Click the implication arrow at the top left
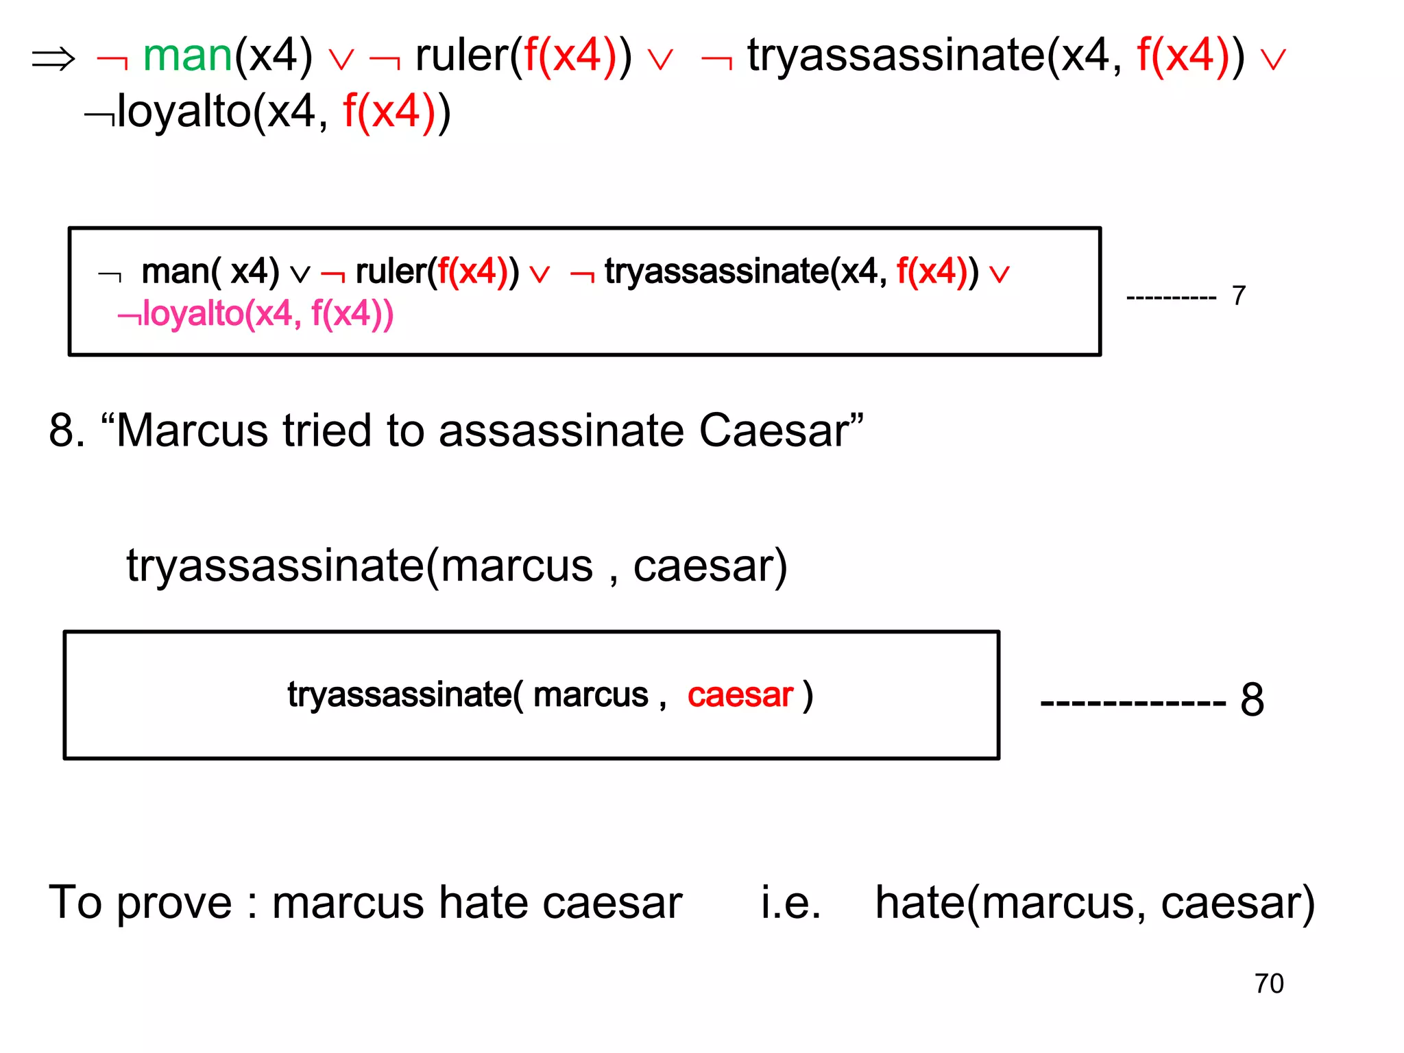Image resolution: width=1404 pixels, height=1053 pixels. point(53,59)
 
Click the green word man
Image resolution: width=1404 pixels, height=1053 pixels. point(187,56)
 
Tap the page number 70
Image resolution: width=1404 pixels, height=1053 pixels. point(1268,983)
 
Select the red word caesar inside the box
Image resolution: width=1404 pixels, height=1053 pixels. point(740,694)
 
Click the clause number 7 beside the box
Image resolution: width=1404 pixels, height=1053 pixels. point(1238,296)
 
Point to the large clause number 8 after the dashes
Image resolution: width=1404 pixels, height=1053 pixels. point(1252,700)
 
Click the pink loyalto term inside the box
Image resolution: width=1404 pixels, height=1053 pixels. point(256,315)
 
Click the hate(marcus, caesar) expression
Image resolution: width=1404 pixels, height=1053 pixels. point(1095,904)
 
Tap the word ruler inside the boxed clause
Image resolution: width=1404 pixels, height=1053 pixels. point(391,271)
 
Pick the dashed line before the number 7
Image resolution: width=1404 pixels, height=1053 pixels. point(1171,298)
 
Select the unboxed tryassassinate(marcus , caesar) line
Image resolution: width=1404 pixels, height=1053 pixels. point(457,566)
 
